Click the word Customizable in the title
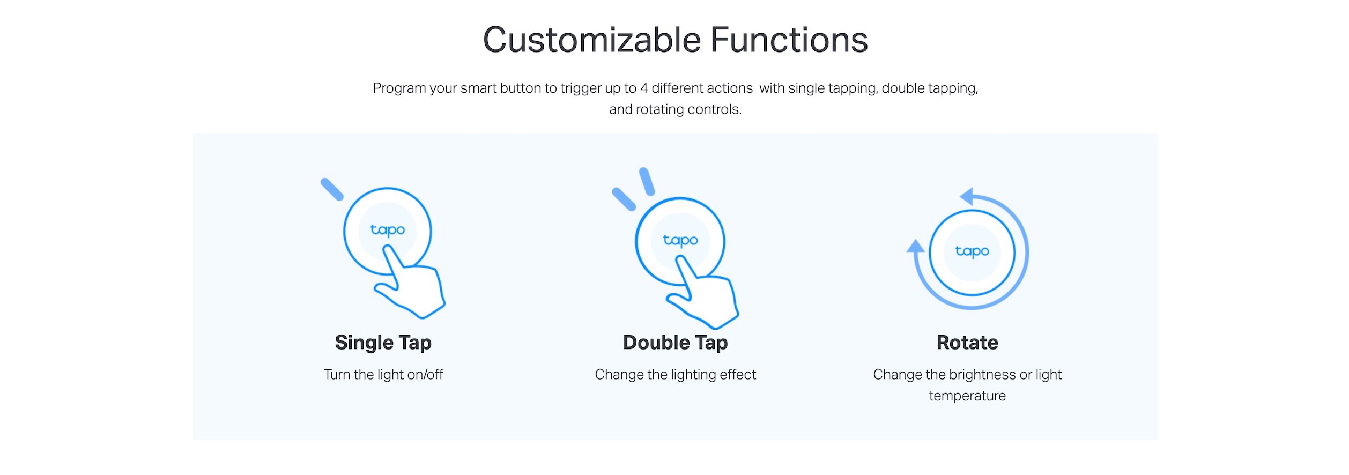tap(592, 40)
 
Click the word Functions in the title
tap(789, 40)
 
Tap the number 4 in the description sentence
tap(644, 88)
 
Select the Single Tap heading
tap(383, 343)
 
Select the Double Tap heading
tap(675, 343)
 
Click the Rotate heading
tap(967, 343)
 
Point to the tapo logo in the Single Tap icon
tap(388, 230)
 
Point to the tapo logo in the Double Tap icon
tap(680, 240)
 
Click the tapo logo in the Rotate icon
tap(972, 251)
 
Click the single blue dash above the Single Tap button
tap(332, 189)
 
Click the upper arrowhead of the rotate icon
tap(967, 196)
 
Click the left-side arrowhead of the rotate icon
tap(916, 246)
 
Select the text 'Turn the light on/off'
tap(383, 374)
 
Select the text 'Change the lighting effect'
tap(675, 375)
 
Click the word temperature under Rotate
tap(967, 396)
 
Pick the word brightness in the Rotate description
tap(982, 375)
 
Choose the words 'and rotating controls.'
tap(675, 109)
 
